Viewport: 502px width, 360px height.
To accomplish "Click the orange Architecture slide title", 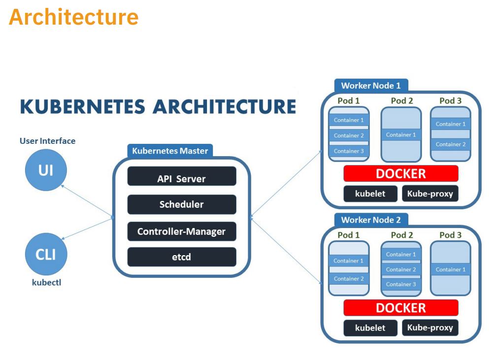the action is click(x=73, y=17).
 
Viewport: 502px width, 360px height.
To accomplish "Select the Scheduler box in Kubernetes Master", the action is click(x=181, y=204).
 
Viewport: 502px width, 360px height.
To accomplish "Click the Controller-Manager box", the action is click(x=181, y=231).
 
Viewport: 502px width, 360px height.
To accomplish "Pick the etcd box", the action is click(x=181, y=257).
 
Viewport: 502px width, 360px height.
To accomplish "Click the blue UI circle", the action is click(x=46, y=170).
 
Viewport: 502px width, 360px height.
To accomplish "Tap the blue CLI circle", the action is click(x=46, y=254).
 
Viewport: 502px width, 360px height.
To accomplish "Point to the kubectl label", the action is click(x=46, y=283).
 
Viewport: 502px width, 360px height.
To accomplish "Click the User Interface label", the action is click(x=47, y=141).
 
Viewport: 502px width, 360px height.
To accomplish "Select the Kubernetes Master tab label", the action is click(x=170, y=151).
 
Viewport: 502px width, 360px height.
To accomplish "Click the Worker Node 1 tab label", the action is click(x=371, y=85).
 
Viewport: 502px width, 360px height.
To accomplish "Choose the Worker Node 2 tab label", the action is click(x=371, y=220).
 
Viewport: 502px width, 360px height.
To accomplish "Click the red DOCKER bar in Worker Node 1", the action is click(x=401, y=173).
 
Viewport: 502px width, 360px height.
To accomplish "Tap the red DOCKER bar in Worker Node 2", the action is click(x=401, y=308).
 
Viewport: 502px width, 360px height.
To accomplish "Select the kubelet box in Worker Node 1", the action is click(x=370, y=194).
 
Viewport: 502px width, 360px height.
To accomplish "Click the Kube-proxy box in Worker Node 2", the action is click(x=430, y=327).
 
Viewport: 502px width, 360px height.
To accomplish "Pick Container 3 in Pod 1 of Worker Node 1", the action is click(x=349, y=151).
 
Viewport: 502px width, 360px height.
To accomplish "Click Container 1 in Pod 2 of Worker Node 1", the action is click(x=401, y=135).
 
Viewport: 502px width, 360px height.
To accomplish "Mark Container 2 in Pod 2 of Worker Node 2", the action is click(x=401, y=269).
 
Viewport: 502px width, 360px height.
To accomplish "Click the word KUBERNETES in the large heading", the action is click(x=83, y=106).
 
